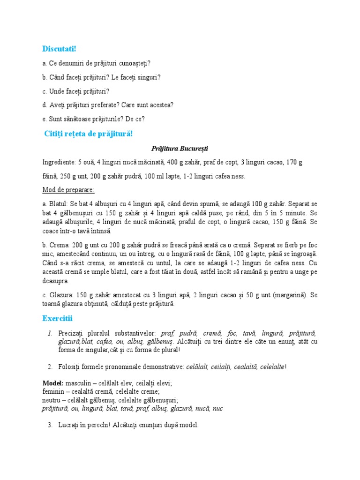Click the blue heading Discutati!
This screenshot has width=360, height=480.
[59, 48]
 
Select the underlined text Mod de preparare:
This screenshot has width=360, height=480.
[68, 190]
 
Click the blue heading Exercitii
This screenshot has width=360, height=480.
[57, 319]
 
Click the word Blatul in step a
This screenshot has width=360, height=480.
[58, 204]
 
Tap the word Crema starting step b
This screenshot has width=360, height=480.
[59, 246]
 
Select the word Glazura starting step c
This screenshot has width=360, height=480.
[59, 295]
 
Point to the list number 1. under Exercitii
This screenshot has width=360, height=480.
[49, 333]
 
